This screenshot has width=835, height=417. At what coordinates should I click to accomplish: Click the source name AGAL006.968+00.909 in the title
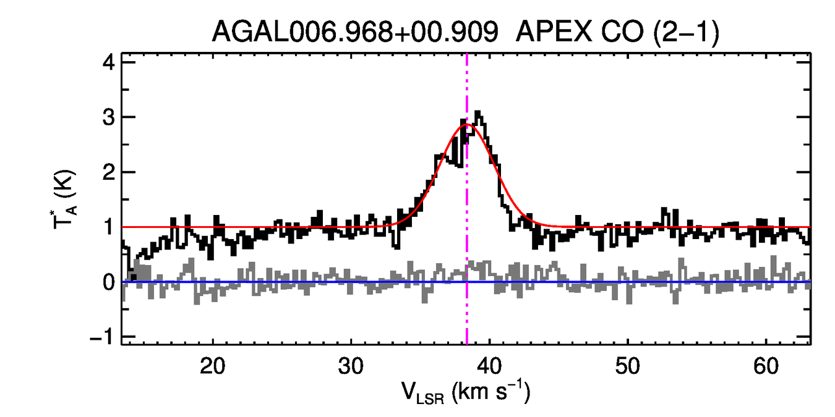tap(355, 32)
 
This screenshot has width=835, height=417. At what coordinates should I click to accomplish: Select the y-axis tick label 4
tap(109, 62)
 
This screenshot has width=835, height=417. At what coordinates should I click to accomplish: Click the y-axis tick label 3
tap(109, 117)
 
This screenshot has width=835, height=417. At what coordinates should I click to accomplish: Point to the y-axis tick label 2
tap(109, 172)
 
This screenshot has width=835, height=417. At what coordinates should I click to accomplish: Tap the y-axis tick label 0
tap(109, 282)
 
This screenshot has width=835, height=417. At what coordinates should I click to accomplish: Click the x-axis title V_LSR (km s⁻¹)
tap(466, 393)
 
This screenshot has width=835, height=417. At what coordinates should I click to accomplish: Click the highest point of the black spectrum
tap(477, 112)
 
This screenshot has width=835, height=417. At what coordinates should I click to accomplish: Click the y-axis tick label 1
tap(109, 227)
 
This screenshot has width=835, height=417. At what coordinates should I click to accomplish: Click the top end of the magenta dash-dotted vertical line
tap(467, 56)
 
